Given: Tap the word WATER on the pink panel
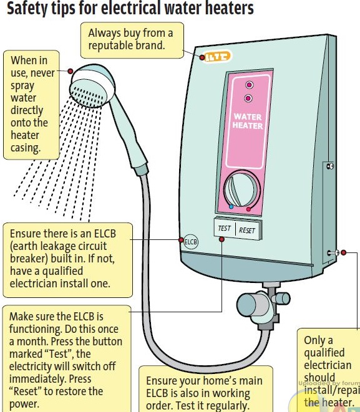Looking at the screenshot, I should (247, 117).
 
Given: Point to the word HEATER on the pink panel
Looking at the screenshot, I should (247, 126).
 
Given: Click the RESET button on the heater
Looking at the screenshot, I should (247, 230).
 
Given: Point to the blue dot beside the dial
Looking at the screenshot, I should (231, 206).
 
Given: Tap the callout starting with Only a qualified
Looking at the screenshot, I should (328, 368).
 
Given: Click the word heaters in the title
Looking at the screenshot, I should (221, 9).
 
